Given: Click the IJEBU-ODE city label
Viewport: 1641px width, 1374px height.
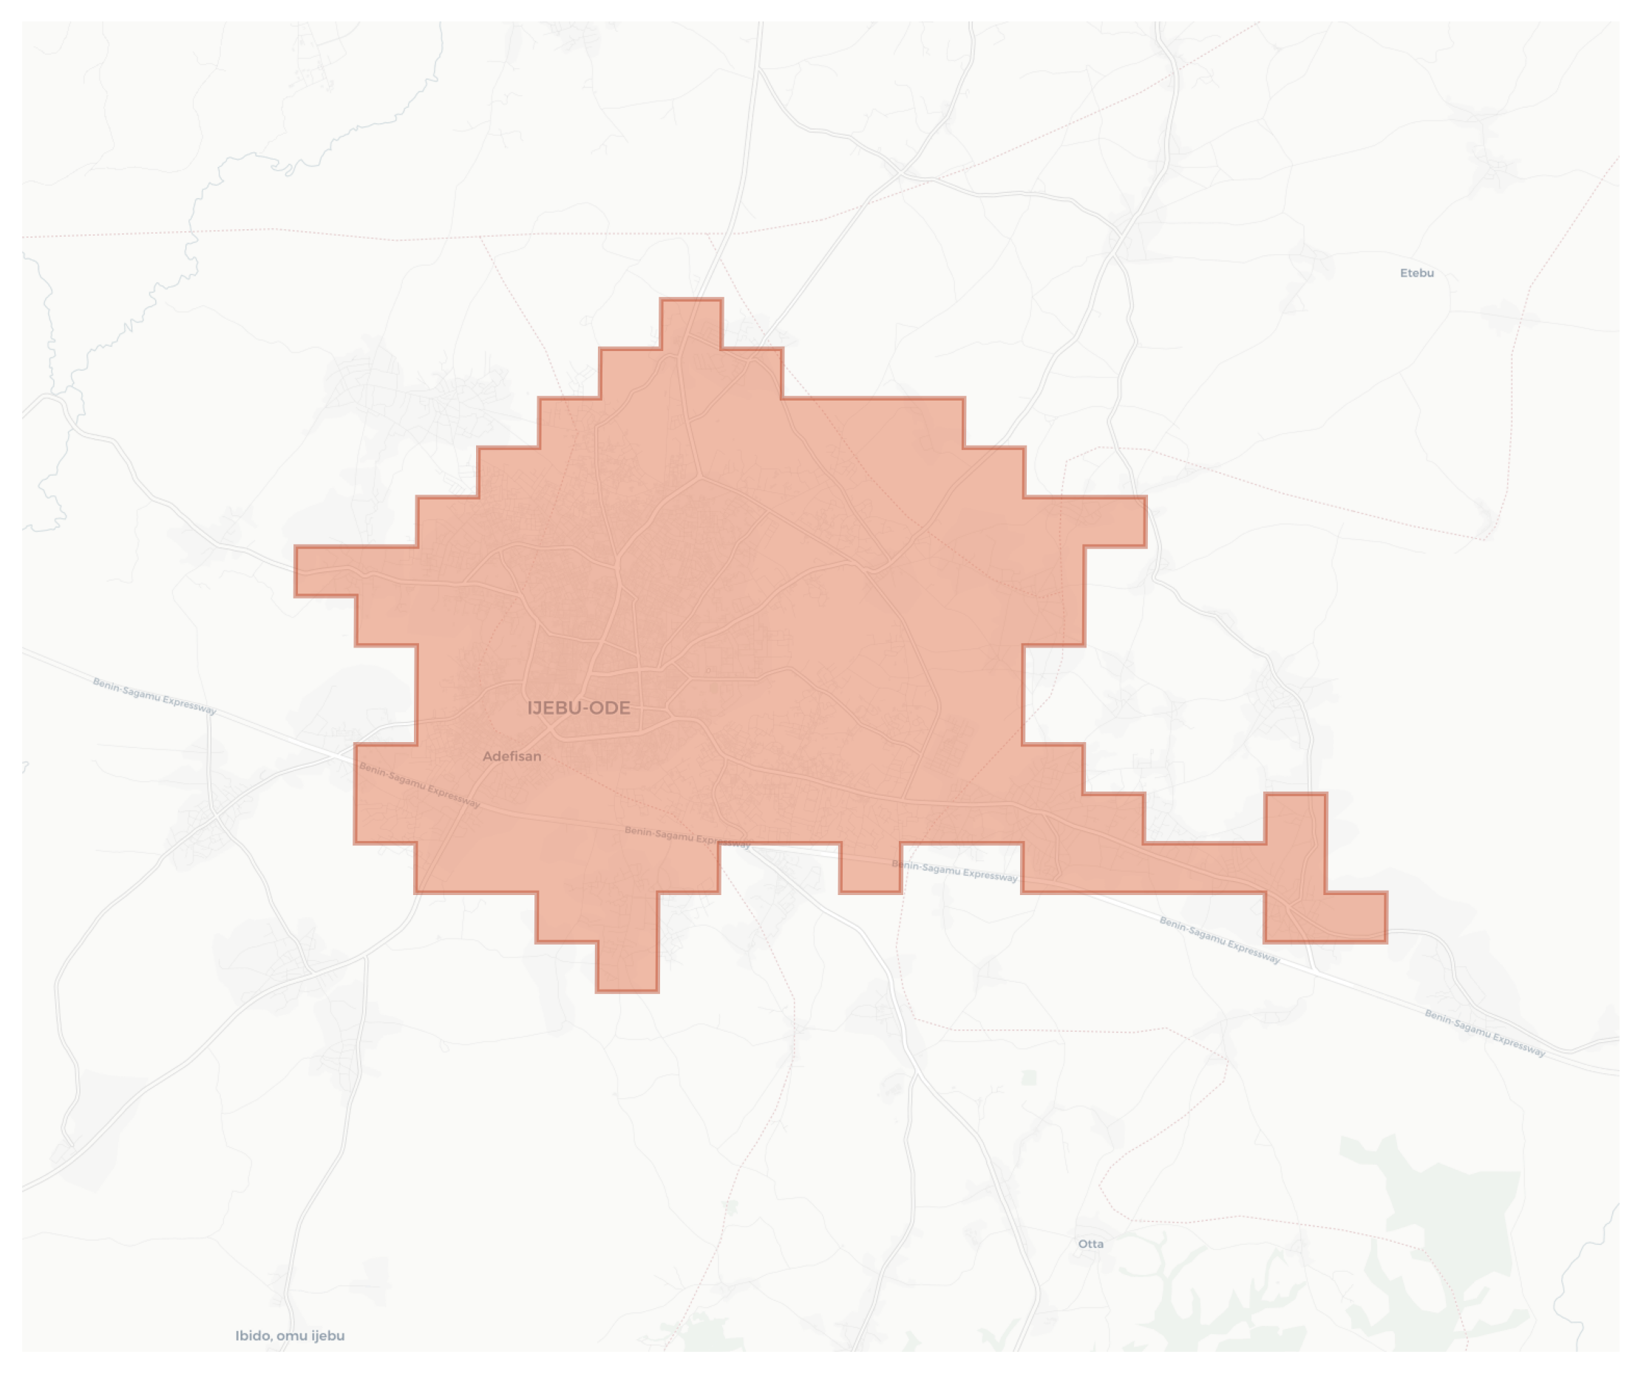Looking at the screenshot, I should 578,709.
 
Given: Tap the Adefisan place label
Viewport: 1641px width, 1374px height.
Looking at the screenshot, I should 512,756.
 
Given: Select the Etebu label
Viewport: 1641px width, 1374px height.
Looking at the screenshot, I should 1417,273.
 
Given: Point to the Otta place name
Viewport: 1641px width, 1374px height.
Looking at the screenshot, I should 1091,1244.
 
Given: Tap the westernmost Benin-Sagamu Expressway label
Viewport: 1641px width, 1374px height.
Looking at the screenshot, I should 154,695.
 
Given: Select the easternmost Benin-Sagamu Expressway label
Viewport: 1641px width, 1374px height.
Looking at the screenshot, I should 1485,1033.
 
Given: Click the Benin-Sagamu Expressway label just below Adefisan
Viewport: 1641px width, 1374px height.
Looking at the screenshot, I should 420,784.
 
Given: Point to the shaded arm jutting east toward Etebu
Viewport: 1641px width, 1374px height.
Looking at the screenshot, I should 1113,521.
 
